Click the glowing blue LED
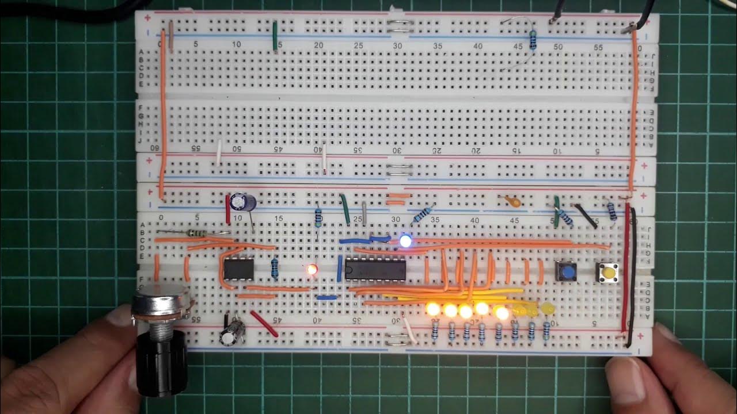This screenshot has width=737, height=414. point(406,241)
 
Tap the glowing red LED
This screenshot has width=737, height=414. point(312,269)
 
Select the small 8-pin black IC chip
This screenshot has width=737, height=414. point(238,269)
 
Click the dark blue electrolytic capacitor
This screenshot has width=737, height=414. point(241,202)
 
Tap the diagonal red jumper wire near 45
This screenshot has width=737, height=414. point(264,324)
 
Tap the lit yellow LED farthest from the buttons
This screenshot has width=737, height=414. point(432,309)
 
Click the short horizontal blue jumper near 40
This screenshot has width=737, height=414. point(326,297)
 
